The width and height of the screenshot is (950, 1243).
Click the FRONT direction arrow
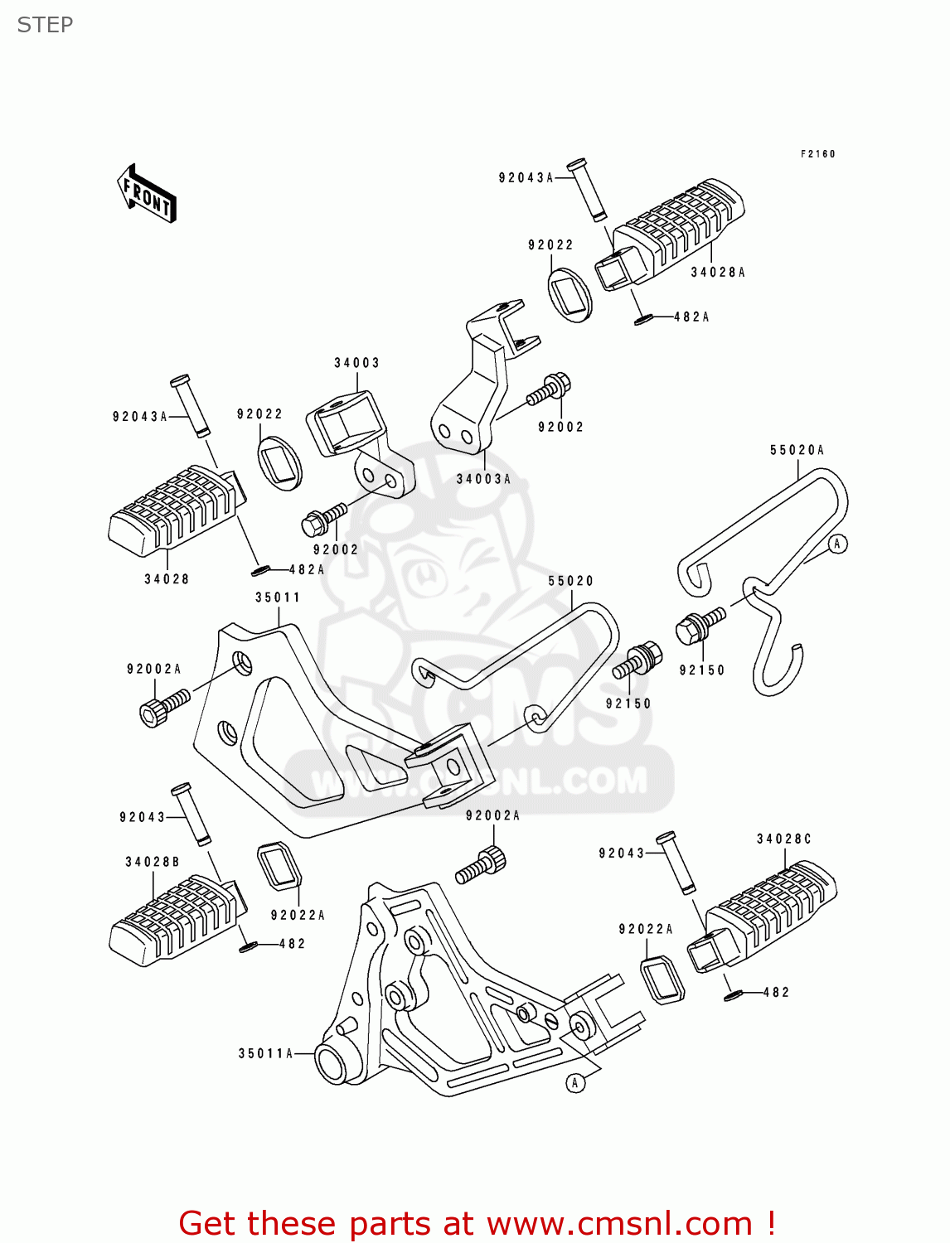[146, 193]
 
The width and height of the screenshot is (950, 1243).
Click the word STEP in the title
[45, 25]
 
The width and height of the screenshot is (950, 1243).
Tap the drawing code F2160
[817, 153]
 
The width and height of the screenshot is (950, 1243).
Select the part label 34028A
[717, 273]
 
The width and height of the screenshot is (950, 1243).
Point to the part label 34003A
[483, 479]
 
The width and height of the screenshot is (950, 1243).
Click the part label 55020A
[797, 450]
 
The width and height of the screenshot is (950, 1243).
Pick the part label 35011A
[265, 1053]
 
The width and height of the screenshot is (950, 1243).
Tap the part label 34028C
[784, 839]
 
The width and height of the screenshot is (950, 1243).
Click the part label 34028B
[153, 862]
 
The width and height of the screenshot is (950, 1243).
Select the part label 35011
[278, 597]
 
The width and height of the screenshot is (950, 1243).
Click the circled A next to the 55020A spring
[838, 544]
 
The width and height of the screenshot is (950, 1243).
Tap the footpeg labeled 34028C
[762, 917]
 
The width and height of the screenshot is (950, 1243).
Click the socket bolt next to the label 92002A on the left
[163, 705]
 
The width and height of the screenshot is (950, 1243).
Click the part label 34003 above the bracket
[356, 362]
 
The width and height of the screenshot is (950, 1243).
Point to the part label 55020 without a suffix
[570, 581]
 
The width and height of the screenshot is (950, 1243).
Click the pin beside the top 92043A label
[587, 190]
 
